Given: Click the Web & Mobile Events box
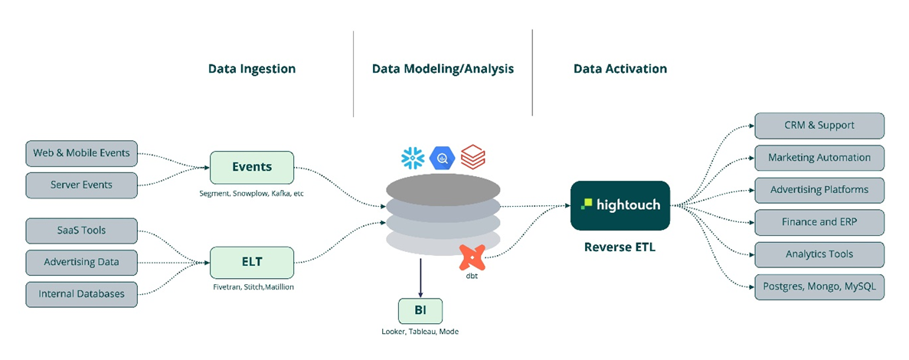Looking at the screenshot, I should (81, 152).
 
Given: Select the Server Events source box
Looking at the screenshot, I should (81, 185).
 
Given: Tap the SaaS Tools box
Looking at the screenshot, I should (81, 230).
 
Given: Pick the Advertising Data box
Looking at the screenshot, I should (81, 262).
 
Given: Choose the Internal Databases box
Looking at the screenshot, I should (81, 293).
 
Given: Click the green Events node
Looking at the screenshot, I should (252, 167).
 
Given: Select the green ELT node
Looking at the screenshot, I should (252, 262).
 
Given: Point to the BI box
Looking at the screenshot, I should (420, 310).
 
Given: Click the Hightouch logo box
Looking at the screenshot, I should (620, 205).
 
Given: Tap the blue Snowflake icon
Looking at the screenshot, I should (413, 159).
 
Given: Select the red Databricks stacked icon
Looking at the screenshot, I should (472, 158).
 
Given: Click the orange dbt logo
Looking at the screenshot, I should (472, 258).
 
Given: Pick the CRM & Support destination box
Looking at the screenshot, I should (819, 126).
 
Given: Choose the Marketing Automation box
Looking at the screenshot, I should (819, 158).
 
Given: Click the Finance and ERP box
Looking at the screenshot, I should (819, 222).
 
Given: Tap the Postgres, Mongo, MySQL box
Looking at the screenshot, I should (819, 286).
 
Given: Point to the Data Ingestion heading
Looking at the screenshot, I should (252, 69).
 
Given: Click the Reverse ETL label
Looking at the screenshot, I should (620, 247).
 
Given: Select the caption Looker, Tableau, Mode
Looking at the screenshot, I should (420, 332).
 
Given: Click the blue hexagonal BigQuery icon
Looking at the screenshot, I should (443, 158).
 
